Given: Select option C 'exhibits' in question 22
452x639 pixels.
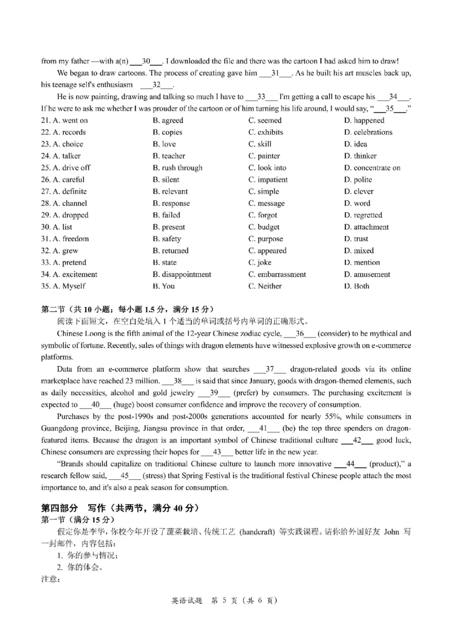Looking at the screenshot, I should click(266, 132).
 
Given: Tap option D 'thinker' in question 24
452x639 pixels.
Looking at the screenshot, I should click(360, 156).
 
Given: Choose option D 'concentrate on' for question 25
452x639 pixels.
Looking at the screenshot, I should click(372, 168).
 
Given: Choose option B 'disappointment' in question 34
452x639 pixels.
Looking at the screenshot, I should click(182, 274).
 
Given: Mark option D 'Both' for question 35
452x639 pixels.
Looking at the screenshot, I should click(357, 286).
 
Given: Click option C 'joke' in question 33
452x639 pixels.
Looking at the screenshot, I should click(260, 262).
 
